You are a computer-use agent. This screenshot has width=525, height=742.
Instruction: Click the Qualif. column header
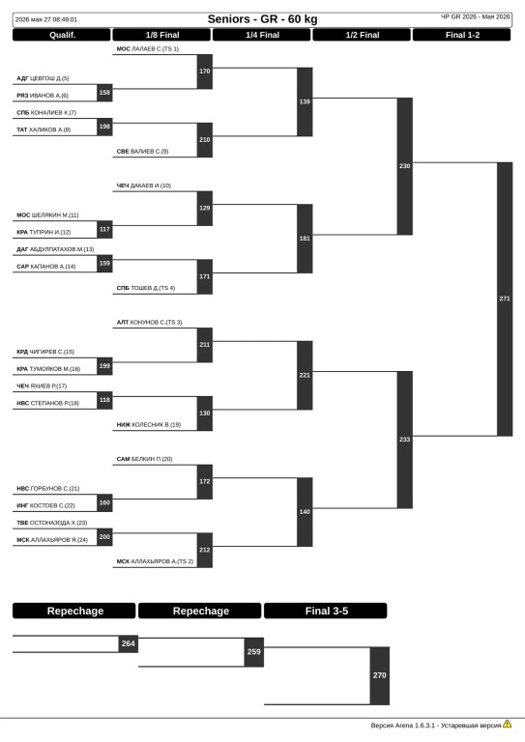62,35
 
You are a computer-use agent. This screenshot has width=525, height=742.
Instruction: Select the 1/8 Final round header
161,35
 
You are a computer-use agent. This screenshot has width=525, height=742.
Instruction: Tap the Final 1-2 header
462,35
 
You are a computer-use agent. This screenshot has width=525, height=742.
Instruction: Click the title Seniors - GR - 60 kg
262,19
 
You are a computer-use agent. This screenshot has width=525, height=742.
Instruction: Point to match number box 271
505,300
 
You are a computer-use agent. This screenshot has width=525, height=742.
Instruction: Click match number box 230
405,166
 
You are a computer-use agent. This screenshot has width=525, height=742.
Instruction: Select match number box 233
405,440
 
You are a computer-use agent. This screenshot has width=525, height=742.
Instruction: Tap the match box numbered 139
305,101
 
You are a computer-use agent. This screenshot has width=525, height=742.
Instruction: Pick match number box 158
104,93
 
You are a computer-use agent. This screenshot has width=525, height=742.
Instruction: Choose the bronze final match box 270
380,675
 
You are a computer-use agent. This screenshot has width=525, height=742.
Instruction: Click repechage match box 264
129,644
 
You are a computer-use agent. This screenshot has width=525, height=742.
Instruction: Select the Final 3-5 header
326,611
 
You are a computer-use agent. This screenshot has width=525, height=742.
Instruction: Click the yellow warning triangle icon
508,724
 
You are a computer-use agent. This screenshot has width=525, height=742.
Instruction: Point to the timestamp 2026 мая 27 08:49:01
45,20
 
